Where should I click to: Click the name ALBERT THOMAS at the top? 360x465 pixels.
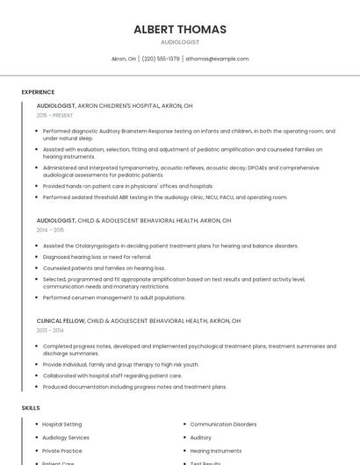(180, 29)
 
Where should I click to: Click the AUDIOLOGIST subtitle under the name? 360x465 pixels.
(180, 42)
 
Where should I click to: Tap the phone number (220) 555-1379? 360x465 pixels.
(161, 59)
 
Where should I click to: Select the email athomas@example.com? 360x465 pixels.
(218, 59)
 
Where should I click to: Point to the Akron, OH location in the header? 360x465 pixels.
(124, 59)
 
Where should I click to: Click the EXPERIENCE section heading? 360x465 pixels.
(38, 92)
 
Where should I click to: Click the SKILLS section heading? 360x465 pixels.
(31, 408)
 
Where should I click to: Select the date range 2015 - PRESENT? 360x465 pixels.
(54, 115)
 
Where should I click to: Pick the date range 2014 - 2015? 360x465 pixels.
(50, 230)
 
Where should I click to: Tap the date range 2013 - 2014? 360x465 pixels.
(50, 331)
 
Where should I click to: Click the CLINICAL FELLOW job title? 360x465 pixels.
(61, 321)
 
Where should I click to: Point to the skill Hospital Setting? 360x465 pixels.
(62, 425)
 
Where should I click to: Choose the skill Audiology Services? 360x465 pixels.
(66, 438)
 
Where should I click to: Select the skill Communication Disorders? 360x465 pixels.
(223, 425)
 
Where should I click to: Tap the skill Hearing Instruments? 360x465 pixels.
(216, 451)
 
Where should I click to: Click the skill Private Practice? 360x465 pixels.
(62, 451)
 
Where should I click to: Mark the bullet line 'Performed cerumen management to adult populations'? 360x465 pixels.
(113, 297)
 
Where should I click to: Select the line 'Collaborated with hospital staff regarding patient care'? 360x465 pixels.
(112, 376)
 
